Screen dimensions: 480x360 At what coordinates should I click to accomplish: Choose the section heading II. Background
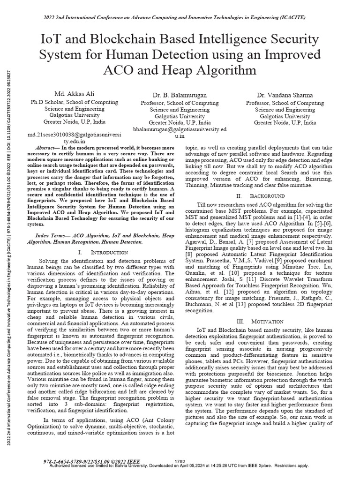coord(261,195)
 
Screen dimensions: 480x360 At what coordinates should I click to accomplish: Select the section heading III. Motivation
coord(261,321)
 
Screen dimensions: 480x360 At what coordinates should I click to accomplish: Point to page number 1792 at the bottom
coord(180,461)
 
